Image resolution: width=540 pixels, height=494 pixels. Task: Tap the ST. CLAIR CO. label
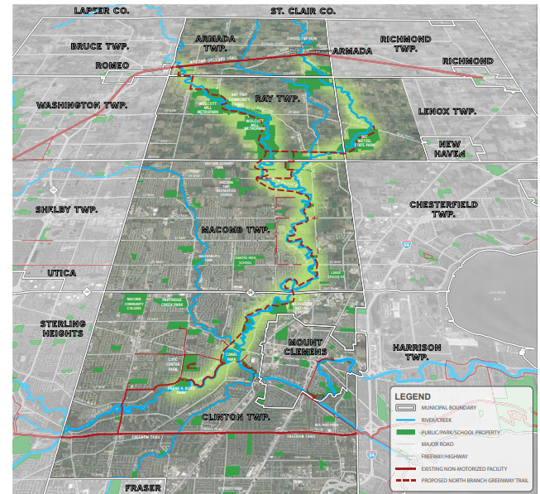pos(302,11)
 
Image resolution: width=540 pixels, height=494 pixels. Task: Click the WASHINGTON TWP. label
pos(80,106)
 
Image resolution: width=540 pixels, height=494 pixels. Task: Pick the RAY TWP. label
pos(276,98)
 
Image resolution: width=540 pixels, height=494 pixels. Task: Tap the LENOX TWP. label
pos(447,111)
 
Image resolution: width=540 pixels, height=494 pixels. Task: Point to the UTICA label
pos(62,273)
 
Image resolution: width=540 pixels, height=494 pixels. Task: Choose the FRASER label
pos(142,487)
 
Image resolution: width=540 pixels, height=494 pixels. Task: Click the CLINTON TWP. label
pos(234,417)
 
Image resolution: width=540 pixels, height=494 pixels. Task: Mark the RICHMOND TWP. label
pos(406,44)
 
